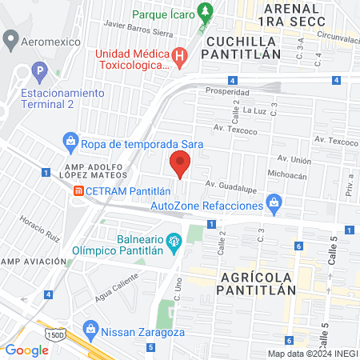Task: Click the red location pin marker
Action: click(x=181, y=166)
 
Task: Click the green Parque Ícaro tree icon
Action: click(x=206, y=11)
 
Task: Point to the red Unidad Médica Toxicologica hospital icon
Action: click(x=181, y=56)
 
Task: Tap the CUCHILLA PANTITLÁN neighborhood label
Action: click(x=243, y=47)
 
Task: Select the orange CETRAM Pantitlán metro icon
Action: click(x=78, y=191)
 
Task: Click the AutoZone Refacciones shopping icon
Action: click(x=274, y=202)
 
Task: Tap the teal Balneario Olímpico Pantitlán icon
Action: click(x=173, y=239)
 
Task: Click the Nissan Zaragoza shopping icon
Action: click(x=90, y=328)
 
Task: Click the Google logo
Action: click(x=27, y=350)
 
